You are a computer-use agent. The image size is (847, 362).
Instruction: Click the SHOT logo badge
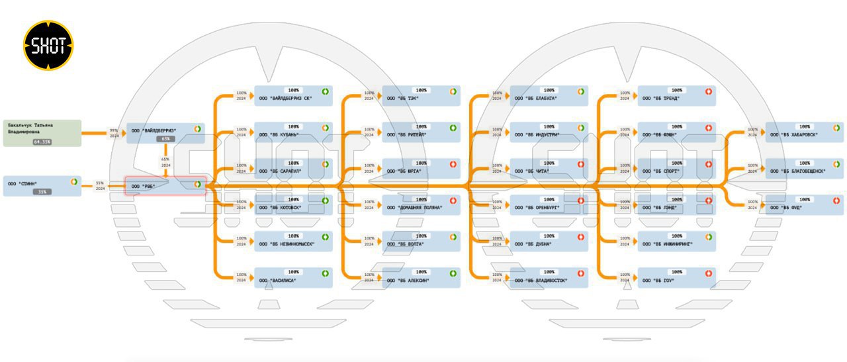tap(48, 45)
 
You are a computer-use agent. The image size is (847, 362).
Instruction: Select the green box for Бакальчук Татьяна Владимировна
tap(42, 132)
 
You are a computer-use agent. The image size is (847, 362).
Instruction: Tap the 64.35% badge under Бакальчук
tap(42, 142)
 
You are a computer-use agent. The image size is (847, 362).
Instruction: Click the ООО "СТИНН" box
tap(42, 186)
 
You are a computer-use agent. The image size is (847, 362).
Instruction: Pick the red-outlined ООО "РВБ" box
tap(165, 186)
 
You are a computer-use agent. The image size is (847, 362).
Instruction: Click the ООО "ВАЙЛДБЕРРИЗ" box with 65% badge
tap(165, 133)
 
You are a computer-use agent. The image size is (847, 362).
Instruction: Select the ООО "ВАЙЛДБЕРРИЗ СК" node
tap(293, 95)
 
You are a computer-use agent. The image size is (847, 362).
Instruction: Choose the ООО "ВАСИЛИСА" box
tap(293, 277)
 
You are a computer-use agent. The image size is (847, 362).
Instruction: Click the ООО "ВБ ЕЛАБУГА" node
tap(549, 95)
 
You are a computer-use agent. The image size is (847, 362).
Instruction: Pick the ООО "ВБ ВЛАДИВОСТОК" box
tap(549, 277)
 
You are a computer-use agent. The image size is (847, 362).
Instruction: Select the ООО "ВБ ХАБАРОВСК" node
tap(804, 132)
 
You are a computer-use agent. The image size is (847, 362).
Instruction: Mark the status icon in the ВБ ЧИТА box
tap(581, 164)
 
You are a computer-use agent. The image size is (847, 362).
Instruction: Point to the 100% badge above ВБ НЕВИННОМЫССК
tap(293, 236)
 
